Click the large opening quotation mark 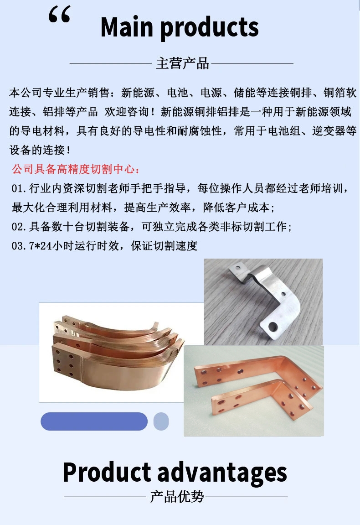pos(60,15)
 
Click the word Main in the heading pos(127,27)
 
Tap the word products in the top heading pos(210,28)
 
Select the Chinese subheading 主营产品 pos(182,63)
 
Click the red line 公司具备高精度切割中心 pos(76,169)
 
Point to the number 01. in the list pos(19,188)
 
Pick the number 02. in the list pos(19,227)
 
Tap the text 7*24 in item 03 pos(41,246)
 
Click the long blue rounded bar pos(94,421)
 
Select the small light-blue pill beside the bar pos(161,421)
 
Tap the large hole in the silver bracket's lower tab pos(273,326)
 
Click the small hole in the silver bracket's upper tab pos(238,268)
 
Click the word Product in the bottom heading pos(107,472)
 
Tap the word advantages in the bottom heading pos(222,473)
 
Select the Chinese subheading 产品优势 pos(177,497)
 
